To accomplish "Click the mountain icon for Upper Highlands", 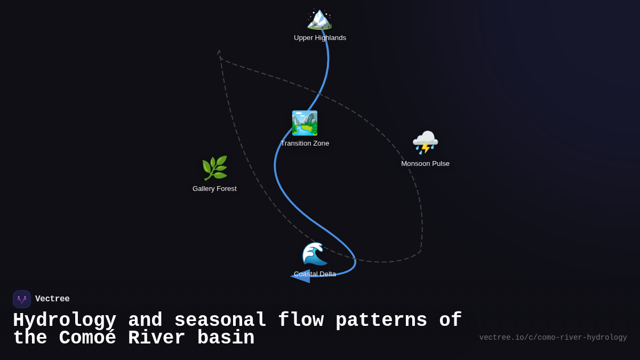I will click(319, 19).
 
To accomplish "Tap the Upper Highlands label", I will click(320, 38).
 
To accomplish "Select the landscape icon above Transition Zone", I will click(305, 123).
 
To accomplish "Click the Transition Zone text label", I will click(305, 143).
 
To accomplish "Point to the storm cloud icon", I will click(425, 142).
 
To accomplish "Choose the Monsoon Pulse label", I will click(425, 164).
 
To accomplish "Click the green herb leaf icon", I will click(214, 169).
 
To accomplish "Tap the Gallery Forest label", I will click(214, 189).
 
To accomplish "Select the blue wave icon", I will click(315, 254).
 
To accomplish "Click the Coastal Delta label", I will click(315, 274).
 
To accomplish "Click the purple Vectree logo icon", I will click(22, 299).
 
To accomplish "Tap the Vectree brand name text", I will click(52, 299).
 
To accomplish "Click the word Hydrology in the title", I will click(65, 321).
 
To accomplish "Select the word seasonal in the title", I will click(220, 321).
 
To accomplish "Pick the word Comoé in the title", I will click(87, 338).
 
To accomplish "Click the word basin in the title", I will click(226, 338).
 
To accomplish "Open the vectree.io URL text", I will click(553, 338).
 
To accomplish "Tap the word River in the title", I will click(157, 338).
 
